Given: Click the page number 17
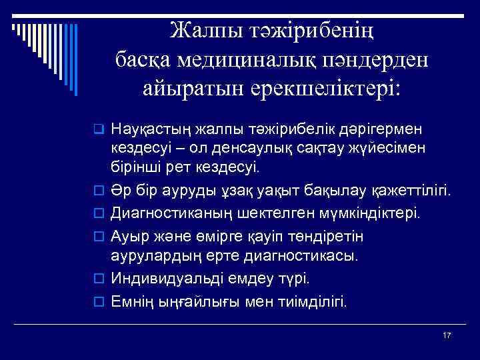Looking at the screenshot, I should click(x=446, y=335).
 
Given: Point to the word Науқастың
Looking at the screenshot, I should click(x=151, y=127).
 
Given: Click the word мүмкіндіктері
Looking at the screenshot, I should click(x=367, y=214).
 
